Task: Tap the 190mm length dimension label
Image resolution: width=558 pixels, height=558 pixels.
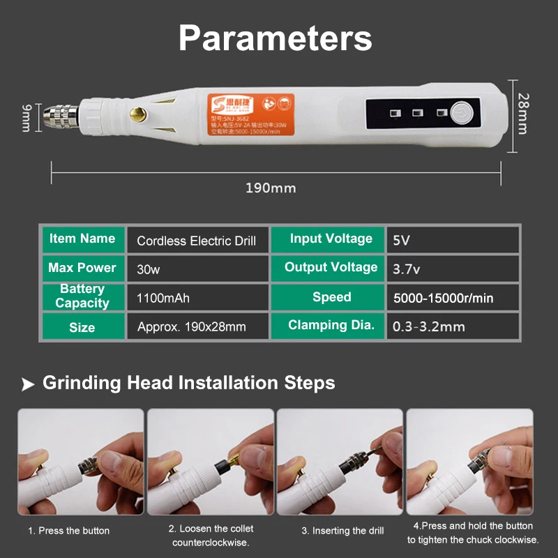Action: tap(271, 188)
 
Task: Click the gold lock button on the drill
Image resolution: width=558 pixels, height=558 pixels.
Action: tap(139, 112)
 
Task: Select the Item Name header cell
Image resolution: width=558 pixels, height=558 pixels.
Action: tap(82, 239)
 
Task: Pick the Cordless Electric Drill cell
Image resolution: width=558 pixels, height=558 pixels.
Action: tap(197, 241)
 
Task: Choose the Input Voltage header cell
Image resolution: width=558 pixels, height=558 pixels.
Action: tap(331, 239)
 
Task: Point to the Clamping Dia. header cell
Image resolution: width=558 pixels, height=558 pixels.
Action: tap(331, 325)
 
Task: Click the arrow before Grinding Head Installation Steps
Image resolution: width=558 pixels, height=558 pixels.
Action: tap(27, 384)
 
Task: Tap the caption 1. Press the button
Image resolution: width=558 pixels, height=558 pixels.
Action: tap(68, 531)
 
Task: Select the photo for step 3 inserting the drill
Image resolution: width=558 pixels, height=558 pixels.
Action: tap(340, 461)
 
